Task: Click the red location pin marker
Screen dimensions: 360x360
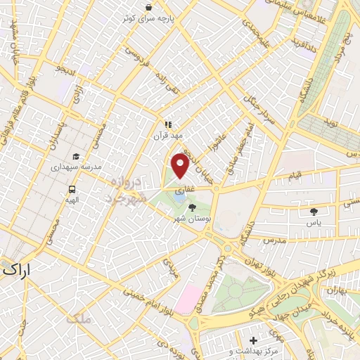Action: (x=181, y=167)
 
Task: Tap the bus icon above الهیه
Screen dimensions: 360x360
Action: (x=72, y=189)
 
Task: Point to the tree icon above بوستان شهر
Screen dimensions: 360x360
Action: (x=192, y=207)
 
